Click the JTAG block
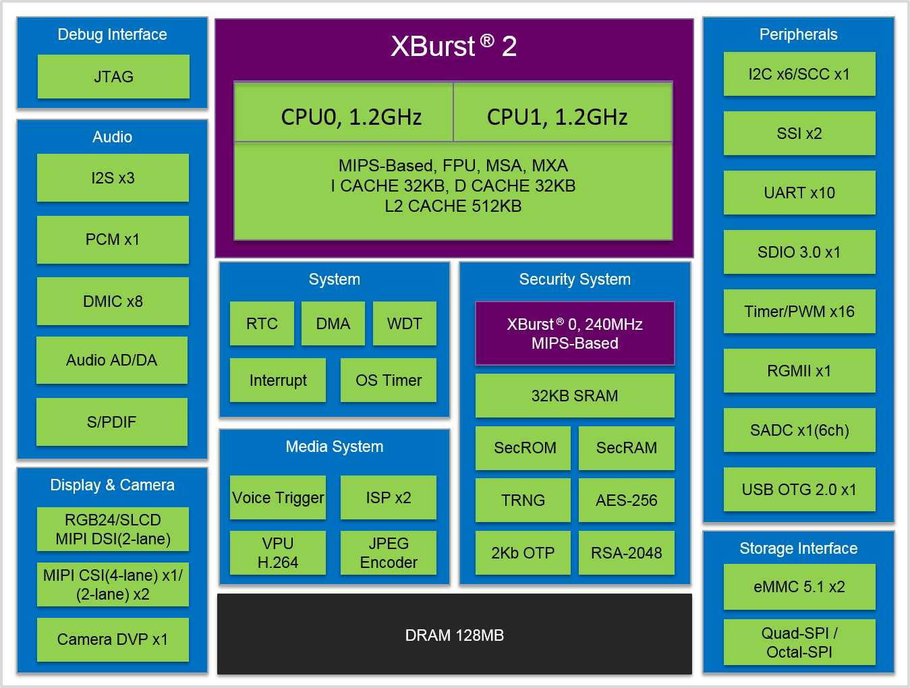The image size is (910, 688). tap(113, 77)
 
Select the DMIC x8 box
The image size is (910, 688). tap(113, 302)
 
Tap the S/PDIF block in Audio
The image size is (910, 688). tap(112, 422)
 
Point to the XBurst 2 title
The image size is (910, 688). tap(453, 47)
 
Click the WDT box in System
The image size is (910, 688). tap(404, 324)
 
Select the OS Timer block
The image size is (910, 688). tap(388, 380)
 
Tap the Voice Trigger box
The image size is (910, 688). tap(278, 498)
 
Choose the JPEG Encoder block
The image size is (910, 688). tap(388, 553)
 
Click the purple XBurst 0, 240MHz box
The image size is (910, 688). tap(575, 333)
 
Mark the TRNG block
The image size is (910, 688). tap(523, 500)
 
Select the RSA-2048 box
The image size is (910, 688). tap(626, 553)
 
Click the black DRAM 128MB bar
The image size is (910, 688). tap(454, 635)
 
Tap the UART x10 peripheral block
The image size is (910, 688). tap(799, 193)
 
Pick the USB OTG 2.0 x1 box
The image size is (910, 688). tap(799, 490)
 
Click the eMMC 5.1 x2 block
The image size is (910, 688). tap(799, 587)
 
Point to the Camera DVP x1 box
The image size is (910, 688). tap(113, 639)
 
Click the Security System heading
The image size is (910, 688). tap(575, 279)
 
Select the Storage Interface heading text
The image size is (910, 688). tap(799, 548)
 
